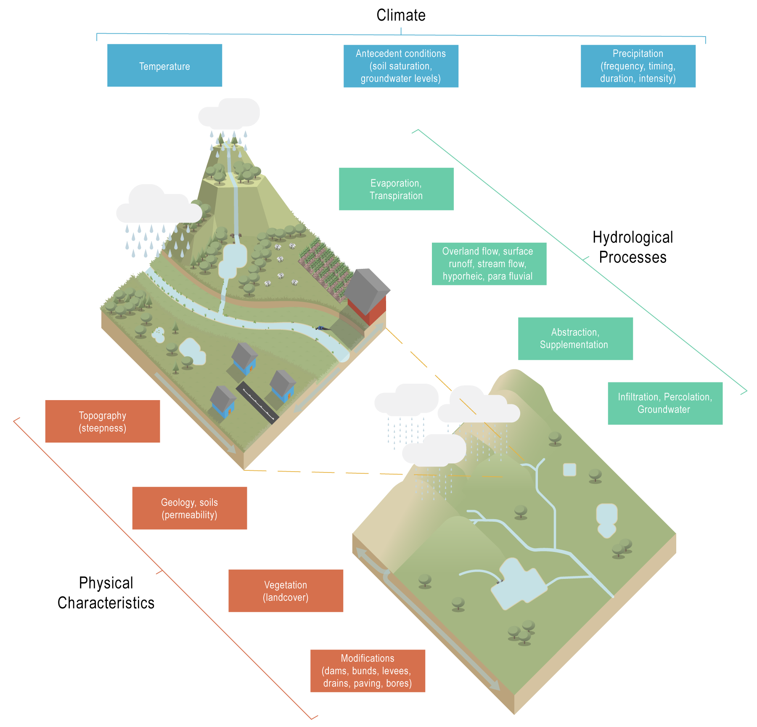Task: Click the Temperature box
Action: (164, 65)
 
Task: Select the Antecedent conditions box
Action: (401, 66)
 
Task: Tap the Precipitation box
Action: (638, 66)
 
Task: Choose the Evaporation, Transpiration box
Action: (396, 189)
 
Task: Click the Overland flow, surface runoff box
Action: (489, 264)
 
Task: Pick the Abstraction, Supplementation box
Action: (575, 339)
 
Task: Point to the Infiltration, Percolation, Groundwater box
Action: (665, 403)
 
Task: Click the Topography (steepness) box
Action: (103, 421)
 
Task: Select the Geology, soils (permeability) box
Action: (189, 508)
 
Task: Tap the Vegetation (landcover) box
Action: (286, 591)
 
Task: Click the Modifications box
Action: (368, 671)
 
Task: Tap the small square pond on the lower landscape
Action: (569, 470)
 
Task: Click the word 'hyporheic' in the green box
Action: (463, 276)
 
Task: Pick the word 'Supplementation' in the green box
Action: (574, 345)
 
